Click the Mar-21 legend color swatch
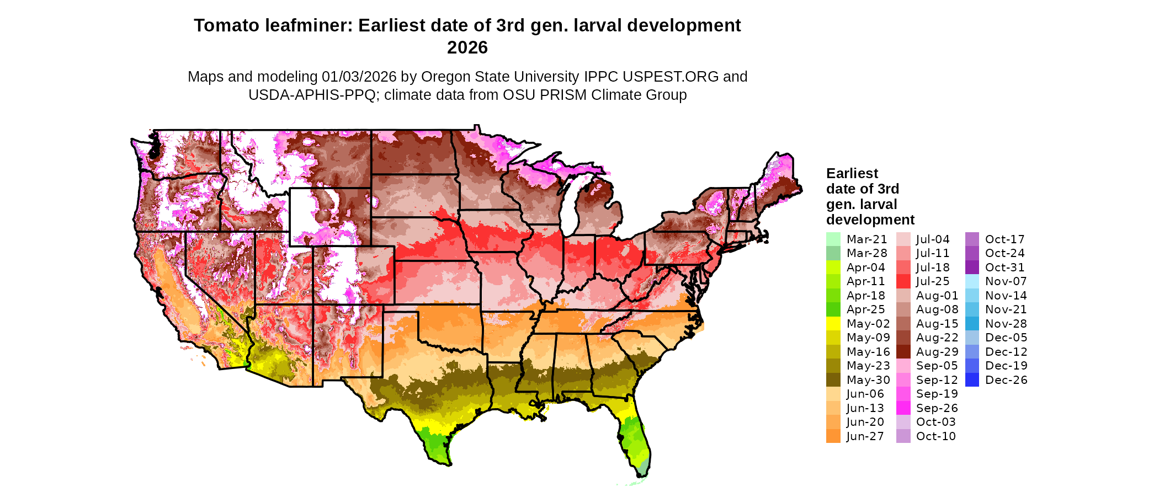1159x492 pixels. (x=833, y=239)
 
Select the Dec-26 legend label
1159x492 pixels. (x=1006, y=380)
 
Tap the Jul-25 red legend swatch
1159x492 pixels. (x=903, y=281)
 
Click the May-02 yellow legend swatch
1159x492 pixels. (x=833, y=324)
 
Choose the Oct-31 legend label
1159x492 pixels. (x=1004, y=268)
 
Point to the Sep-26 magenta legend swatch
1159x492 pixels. (x=903, y=408)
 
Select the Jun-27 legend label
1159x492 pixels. (x=865, y=436)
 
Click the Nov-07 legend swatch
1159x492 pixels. (x=972, y=281)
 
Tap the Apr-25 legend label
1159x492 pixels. (x=865, y=309)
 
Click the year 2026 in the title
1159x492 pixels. (x=467, y=48)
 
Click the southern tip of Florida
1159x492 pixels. (x=644, y=473)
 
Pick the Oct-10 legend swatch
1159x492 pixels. (x=903, y=436)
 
